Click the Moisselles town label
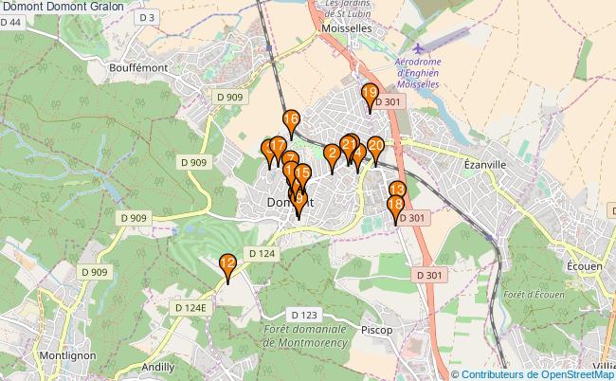(345, 29)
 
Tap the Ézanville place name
(485, 164)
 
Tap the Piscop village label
(377, 330)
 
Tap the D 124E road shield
(190, 307)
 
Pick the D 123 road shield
(304, 315)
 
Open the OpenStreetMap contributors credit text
(538, 373)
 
